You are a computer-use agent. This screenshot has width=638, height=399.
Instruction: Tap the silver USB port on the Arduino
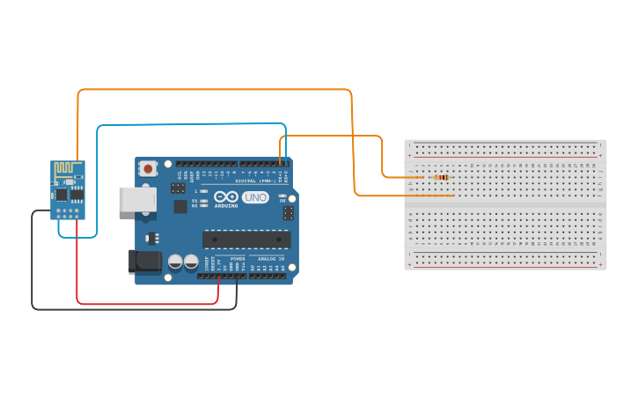click(x=137, y=199)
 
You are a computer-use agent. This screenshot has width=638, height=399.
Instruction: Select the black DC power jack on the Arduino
click(x=144, y=261)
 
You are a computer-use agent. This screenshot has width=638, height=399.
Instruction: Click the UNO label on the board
click(x=255, y=197)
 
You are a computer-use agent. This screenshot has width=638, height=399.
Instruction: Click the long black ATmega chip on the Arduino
click(x=246, y=239)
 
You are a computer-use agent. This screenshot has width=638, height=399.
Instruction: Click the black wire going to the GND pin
click(x=33, y=264)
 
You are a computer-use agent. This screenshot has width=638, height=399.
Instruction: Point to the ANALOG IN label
click(x=269, y=259)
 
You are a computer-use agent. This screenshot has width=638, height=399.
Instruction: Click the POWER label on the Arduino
click(x=238, y=259)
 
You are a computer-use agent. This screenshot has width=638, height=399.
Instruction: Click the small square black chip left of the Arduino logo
click(x=180, y=206)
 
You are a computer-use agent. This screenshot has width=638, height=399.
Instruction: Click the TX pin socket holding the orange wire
click(x=281, y=164)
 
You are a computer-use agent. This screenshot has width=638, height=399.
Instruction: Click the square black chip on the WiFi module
click(x=62, y=193)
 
